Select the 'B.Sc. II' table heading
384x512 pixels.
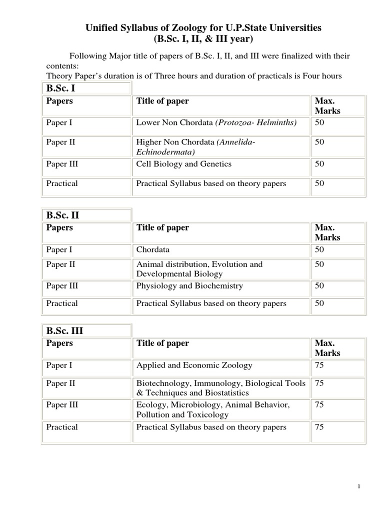point(63,215)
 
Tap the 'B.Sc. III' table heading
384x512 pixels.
point(64,331)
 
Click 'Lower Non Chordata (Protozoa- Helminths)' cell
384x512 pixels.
point(216,122)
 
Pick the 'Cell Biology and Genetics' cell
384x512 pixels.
point(183,164)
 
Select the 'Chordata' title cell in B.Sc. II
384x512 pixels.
point(152,249)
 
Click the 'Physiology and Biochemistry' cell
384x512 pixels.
point(189,286)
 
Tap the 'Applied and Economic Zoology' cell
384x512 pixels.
point(194,365)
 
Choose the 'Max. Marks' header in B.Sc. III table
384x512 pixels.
point(327,348)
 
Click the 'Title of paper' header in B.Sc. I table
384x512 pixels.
point(162,101)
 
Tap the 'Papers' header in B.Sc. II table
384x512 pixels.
point(59,227)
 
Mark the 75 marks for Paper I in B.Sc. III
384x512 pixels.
point(319,365)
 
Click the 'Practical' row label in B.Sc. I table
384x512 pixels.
point(62,183)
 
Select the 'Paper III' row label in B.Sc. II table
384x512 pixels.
point(62,286)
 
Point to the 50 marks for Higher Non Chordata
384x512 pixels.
point(319,142)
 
